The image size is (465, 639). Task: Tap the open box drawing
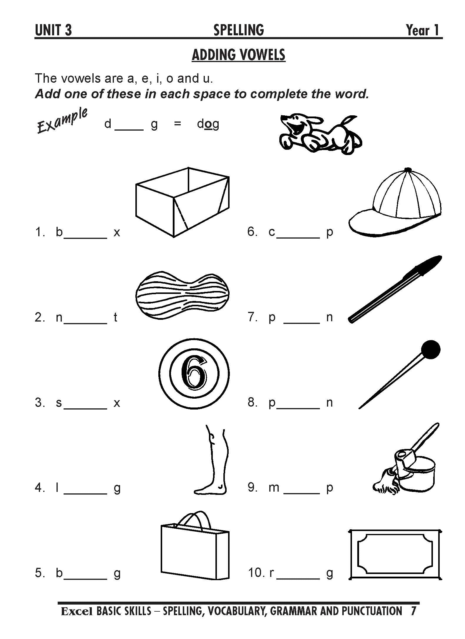coord(182,202)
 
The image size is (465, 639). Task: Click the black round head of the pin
coord(431,350)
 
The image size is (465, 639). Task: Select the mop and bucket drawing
coord(406,459)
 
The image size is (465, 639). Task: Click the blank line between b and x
coord(85,237)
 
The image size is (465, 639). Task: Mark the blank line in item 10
coord(298,578)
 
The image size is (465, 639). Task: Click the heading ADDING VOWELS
coord(238,55)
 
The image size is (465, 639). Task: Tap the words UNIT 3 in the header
coord(53,30)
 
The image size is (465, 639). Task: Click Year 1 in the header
coord(423,30)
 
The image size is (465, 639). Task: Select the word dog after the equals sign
coord(208,124)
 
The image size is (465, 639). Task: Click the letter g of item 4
coord(117,489)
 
